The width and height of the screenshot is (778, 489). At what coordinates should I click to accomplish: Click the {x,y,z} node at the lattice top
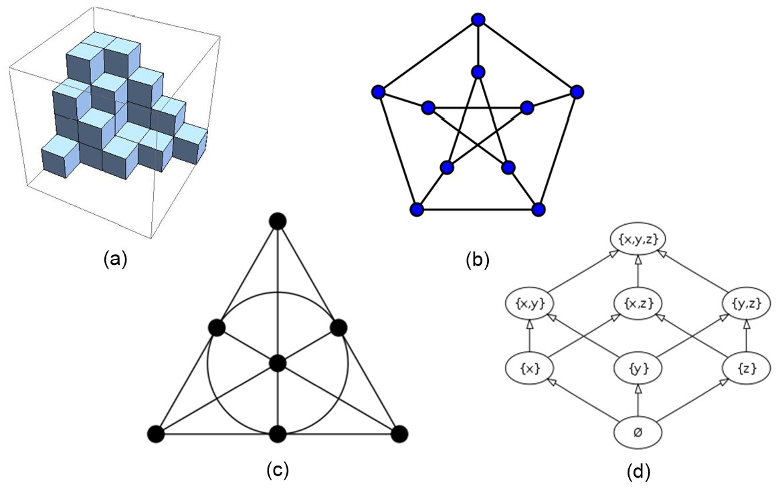pos(638,239)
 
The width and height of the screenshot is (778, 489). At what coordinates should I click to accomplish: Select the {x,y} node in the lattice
pos(530,303)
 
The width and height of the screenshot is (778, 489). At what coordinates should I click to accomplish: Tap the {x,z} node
pos(638,303)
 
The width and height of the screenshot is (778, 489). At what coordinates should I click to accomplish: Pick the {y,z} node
pos(747,303)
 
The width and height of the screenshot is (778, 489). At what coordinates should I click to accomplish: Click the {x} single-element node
pos(530,369)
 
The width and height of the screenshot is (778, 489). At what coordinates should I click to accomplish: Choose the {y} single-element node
pos(638,369)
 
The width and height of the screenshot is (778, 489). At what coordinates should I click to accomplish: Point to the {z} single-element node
pos(747,369)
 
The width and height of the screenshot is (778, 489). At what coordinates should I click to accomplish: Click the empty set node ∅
pos(638,432)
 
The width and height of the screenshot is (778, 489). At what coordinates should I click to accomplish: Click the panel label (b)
pos(478,260)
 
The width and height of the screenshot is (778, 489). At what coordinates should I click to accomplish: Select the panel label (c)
pos(278,470)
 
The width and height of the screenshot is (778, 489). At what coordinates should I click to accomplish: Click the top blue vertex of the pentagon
pos(478,20)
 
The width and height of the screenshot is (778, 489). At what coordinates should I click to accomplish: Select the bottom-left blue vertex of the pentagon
pos(417,209)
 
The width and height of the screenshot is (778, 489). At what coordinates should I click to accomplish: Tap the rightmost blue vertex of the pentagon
pos(577,92)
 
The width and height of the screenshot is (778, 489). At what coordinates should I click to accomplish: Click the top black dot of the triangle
pos(278,221)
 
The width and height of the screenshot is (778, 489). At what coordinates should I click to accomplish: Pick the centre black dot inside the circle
pos(278,363)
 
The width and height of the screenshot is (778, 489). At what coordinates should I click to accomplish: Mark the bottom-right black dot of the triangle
pos(399,434)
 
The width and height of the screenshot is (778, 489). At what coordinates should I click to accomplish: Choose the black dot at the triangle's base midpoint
pos(278,434)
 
